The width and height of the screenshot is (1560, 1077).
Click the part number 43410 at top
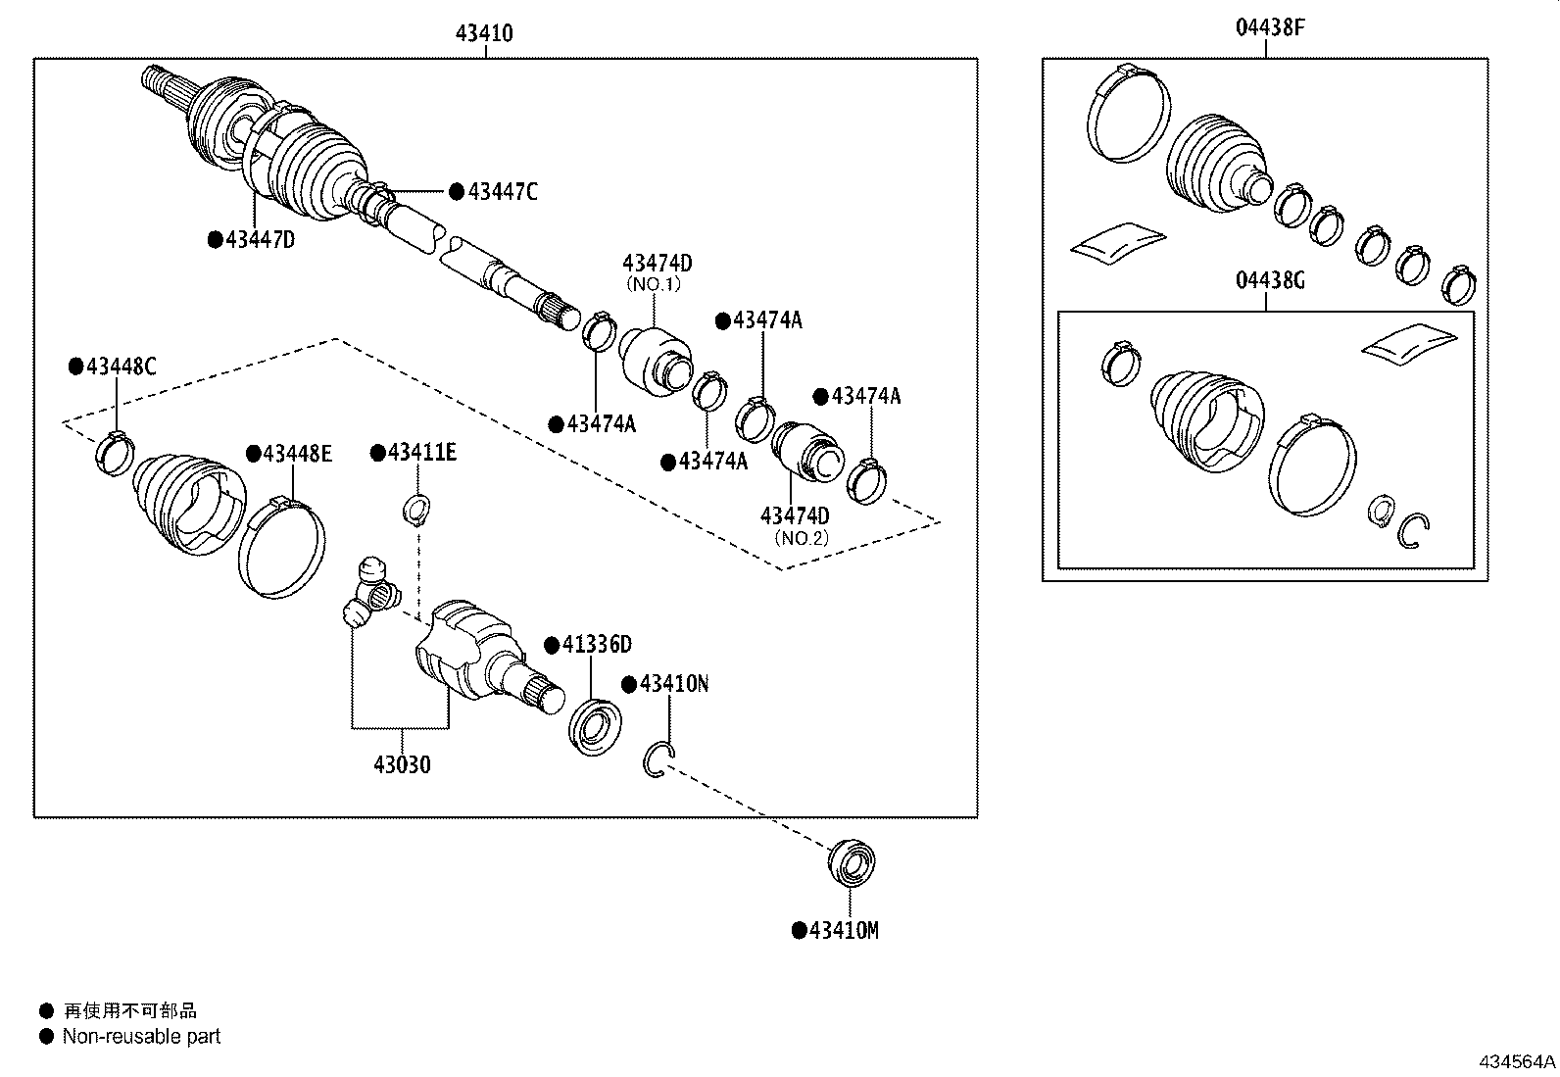(484, 34)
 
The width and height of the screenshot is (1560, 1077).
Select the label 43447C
(503, 192)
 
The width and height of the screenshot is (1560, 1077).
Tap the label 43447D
(260, 239)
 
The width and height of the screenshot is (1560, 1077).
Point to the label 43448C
(121, 367)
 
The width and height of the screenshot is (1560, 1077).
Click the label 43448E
(297, 453)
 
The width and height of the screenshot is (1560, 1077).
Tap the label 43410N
(673, 683)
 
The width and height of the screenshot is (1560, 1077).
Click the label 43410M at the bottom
(843, 930)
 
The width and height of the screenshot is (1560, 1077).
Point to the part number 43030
(402, 764)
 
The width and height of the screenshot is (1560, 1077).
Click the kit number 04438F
(1270, 28)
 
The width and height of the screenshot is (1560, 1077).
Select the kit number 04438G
(1270, 281)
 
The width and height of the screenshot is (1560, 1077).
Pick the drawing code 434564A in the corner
(1517, 1061)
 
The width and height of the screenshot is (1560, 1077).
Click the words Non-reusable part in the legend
(141, 1036)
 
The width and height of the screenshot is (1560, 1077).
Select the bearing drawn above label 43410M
(851, 863)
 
